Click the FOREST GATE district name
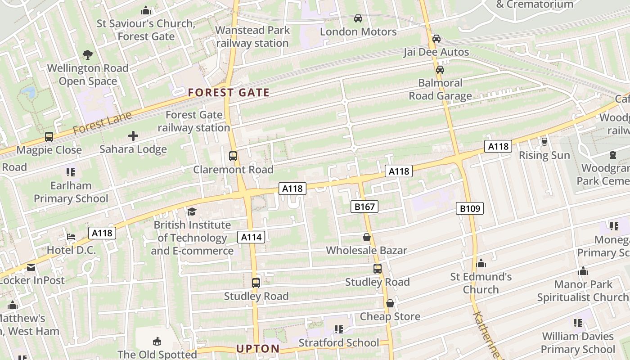(x=229, y=93)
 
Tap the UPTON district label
(x=258, y=349)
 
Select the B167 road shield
(x=364, y=207)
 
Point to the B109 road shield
(x=470, y=208)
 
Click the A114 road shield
(x=251, y=237)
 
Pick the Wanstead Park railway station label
(x=252, y=36)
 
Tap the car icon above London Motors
(x=358, y=18)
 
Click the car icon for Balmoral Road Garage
(x=440, y=70)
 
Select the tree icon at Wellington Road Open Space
(x=88, y=55)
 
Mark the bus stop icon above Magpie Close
(x=49, y=136)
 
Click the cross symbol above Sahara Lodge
(x=133, y=135)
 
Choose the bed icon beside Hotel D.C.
(x=71, y=237)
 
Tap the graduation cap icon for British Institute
(x=192, y=211)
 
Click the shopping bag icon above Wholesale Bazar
(x=367, y=237)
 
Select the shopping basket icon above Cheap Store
(x=390, y=303)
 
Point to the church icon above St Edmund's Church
(x=481, y=263)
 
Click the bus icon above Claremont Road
(x=233, y=156)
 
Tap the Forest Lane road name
(x=102, y=122)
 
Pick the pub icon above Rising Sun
(x=544, y=142)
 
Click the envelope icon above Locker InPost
(x=31, y=267)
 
